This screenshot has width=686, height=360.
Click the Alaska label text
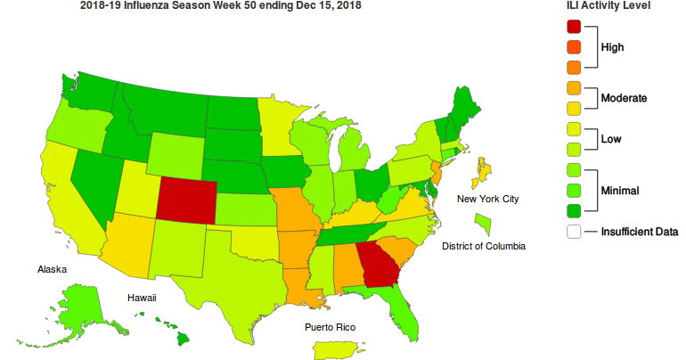tap(52, 269)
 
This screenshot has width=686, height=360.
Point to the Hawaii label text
tap(141, 298)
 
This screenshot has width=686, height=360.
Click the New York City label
tap(487, 199)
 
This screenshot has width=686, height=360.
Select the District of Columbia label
tap(484, 246)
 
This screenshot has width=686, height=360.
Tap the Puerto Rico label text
tap(330, 328)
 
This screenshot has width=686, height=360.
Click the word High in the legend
tap(612, 46)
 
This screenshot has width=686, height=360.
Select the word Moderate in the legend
tap(624, 96)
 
